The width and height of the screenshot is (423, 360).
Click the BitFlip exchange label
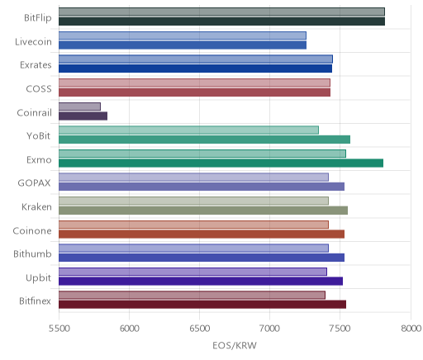38,17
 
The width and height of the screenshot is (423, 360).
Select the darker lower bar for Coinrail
83,116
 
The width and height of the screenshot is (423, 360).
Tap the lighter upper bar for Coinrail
79,107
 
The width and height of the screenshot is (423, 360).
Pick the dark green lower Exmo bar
221,163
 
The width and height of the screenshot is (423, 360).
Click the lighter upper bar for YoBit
188,130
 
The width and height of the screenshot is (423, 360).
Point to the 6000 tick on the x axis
129,329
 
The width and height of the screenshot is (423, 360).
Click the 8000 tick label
411,329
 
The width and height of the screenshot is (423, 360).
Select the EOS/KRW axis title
235,345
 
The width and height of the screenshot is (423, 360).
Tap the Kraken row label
36,206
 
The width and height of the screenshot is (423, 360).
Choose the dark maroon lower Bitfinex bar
202,305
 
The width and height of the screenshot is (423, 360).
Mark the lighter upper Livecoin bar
183,36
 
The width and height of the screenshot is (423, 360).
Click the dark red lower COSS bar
194,92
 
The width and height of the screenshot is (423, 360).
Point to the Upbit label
38,278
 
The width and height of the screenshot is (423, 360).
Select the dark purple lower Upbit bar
201,281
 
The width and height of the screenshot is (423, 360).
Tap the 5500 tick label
59,329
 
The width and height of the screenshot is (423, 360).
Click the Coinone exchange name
32,230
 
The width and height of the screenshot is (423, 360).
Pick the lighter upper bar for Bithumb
193,248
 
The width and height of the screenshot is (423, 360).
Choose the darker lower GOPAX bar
202,187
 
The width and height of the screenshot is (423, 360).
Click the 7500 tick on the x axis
340,329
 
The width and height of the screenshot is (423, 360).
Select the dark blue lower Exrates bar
195,69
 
